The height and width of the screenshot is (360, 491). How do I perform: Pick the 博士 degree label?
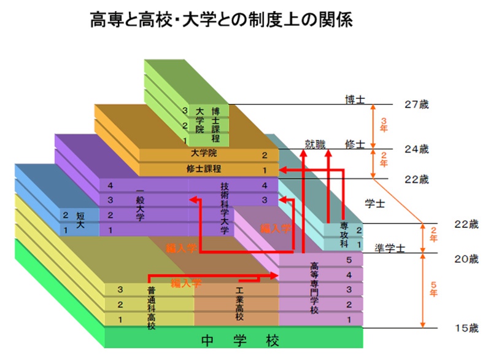coord(354,100)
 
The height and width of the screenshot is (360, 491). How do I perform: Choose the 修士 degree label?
coord(354,144)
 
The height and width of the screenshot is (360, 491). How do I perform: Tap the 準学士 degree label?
coord(389,248)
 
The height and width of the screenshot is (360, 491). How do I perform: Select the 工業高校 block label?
coord(239,303)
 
